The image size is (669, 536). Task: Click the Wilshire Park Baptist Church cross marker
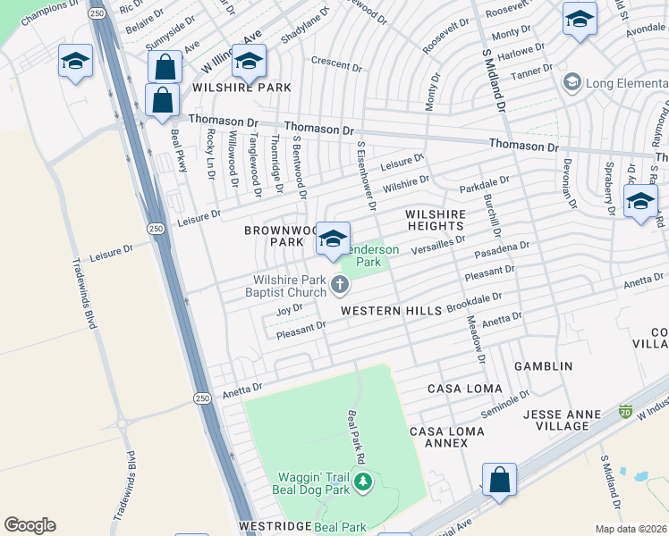(x=339, y=285)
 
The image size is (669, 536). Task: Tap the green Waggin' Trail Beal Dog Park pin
(x=363, y=483)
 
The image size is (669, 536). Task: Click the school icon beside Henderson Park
(x=334, y=239)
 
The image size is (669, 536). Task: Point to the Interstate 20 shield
(x=626, y=412)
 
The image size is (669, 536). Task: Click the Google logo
(x=30, y=525)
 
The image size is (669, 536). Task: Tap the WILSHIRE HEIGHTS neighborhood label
(x=436, y=221)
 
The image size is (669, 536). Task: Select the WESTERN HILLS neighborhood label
(x=391, y=310)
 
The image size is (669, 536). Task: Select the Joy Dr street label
(x=290, y=309)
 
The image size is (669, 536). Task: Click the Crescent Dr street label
(x=335, y=62)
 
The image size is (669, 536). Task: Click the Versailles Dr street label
(x=437, y=246)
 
